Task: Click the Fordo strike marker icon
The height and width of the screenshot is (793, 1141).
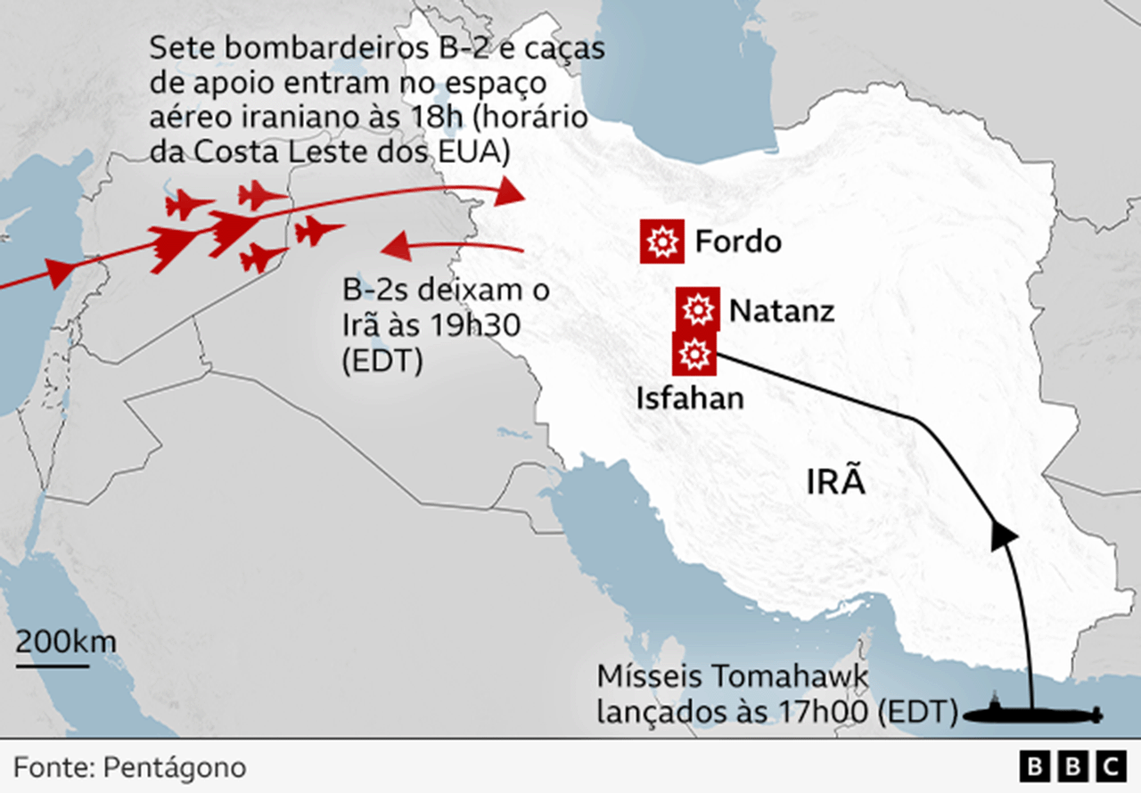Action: coord(661,241)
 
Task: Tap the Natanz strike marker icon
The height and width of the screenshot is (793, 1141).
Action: coord(698,310)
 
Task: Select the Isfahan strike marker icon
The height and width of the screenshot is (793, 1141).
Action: coord(694,354)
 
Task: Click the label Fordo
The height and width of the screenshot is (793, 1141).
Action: coord(738,241)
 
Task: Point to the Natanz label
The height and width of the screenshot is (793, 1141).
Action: coord(782,311)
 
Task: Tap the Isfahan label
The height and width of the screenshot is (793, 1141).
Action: coord(689,397)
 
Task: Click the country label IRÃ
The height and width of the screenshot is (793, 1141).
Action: coord(836,482)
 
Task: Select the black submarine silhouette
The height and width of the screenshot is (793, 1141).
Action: coord(1033,714)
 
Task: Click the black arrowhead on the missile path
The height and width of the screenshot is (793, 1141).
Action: coord(1005,535)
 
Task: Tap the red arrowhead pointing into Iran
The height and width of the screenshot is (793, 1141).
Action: coord(511,191)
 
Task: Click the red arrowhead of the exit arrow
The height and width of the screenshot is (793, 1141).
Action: coord(396,246)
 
